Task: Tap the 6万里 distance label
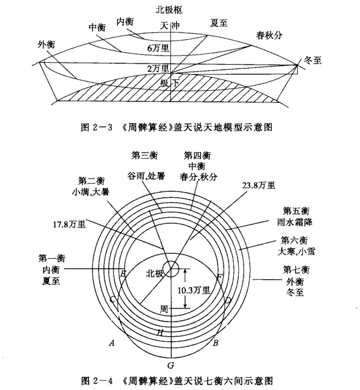coord(159,48)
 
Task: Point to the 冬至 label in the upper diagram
coord(312,60)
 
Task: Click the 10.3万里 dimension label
coord(200,288)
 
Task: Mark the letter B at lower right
coord(215,344)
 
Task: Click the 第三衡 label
coord(144,156)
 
